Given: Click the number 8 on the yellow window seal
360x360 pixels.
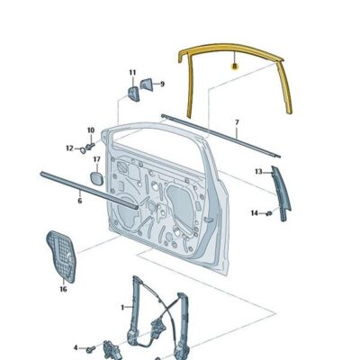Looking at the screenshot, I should tap(234, 65).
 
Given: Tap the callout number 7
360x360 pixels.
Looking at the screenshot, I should tap(237, 121).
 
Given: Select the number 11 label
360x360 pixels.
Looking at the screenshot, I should tap(131, 72).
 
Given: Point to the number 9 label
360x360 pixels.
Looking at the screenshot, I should tap(162, 84).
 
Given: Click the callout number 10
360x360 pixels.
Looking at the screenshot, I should tap(90, 130).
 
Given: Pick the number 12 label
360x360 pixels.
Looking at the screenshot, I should tap(69, 148).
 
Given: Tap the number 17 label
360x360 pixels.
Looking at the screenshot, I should tap(96, 160).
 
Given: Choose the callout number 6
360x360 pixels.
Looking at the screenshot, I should tap(79, 201).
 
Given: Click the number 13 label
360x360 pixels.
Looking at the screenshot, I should tap(257, 170).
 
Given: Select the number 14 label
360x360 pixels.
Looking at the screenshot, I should tap(255, 213).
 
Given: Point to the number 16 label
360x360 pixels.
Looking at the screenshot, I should tap(63, 290).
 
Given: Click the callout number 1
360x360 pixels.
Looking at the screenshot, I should tap(123, 307).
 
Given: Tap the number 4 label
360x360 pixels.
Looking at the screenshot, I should tap(76, 346).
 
